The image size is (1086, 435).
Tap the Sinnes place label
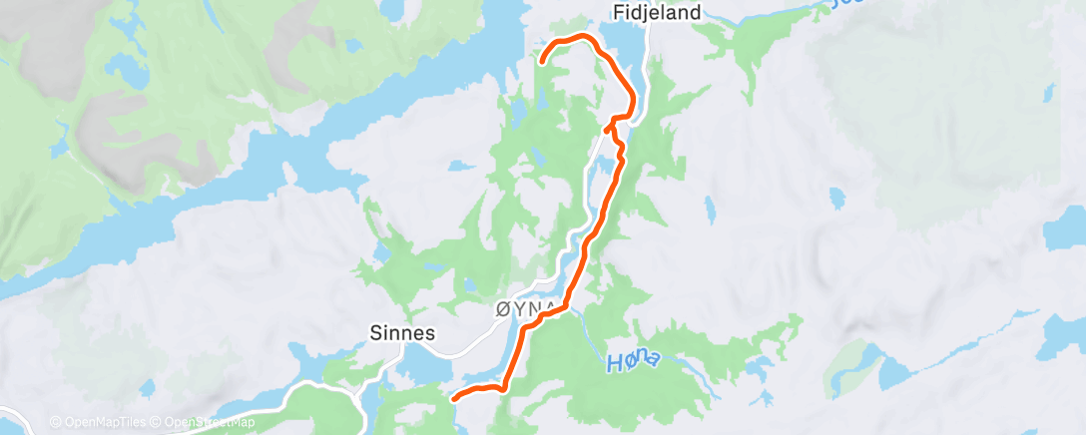[x=402, y=334]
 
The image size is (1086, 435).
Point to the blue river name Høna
[x=633, y=360]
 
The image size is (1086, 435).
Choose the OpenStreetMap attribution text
[x=209, y=423]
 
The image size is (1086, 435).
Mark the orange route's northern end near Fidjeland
[x=542, y=61]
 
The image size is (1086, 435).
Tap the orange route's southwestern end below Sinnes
[x=454, y=398]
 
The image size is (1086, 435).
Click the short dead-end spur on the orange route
[x=607, y=128]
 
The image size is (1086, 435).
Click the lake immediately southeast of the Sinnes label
[x=424, y=369]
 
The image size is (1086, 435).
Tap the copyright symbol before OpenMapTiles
[x=55, y=423]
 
